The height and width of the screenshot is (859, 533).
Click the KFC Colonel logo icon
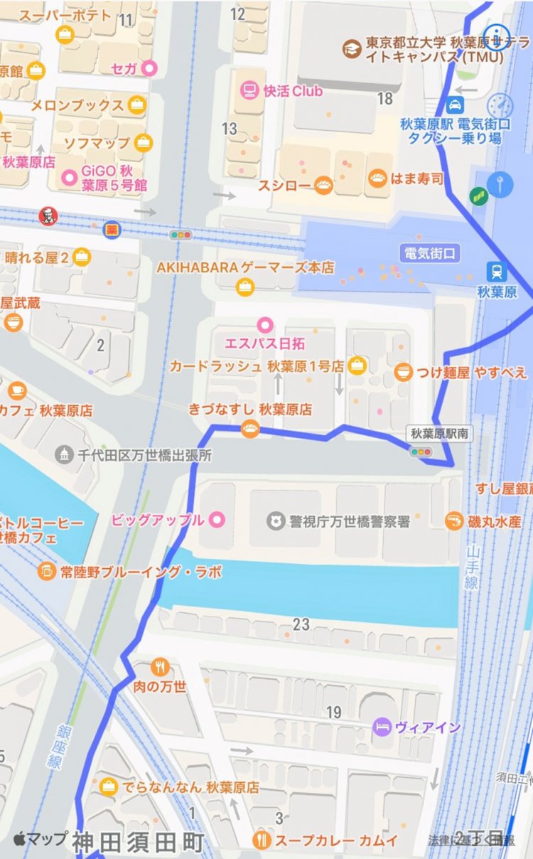48,214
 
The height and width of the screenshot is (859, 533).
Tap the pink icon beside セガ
149,68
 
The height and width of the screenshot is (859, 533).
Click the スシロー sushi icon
323,186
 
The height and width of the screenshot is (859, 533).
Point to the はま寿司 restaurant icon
377,178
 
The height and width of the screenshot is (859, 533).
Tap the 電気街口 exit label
429,252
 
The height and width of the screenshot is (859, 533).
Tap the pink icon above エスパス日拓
265,325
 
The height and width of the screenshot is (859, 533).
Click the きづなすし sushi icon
250,429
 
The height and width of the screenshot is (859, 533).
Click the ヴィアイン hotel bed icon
382,727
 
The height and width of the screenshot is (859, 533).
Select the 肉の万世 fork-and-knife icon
160,668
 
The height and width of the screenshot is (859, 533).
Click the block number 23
301,624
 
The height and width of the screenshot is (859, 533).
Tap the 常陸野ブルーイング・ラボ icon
46,571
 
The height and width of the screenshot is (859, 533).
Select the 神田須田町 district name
138,843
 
